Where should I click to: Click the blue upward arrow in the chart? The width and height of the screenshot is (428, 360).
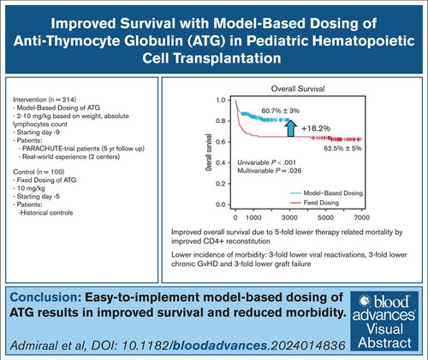290,128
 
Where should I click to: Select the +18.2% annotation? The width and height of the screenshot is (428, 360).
316,128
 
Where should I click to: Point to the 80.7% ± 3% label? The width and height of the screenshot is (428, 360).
281,110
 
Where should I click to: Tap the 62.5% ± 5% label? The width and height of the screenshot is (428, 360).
342,148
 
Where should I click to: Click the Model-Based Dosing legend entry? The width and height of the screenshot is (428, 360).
327,193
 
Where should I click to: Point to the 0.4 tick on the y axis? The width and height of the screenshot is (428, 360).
221,162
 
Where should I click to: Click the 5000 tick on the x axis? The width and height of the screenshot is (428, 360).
325,217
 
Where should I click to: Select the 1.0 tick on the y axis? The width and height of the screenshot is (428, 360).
221,100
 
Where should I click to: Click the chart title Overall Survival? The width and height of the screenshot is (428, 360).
298,89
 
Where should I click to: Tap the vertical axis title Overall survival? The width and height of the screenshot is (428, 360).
209,152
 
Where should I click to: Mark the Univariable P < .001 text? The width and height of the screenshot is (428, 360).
267,162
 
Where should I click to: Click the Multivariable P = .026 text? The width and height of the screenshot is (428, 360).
270,171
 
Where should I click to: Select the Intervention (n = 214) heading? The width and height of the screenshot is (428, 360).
45,100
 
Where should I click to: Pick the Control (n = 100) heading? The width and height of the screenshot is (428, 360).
39,172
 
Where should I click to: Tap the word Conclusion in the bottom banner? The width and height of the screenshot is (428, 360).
46,298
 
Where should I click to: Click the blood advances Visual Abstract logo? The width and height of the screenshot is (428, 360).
384,321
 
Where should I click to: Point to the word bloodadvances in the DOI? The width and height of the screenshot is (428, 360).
220,345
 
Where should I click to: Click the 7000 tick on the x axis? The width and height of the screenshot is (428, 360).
362,217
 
